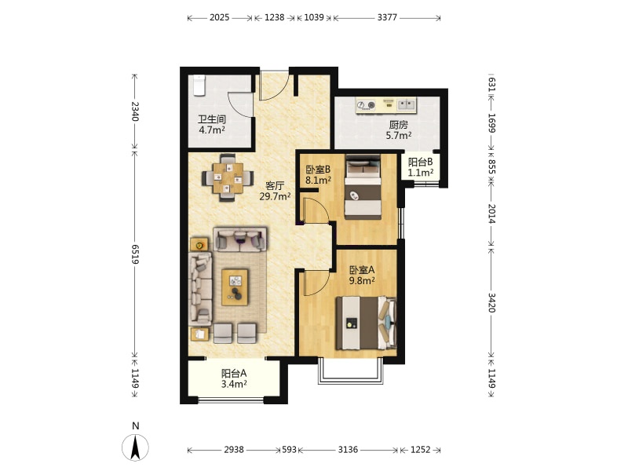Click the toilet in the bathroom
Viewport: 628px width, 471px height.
click(x=199, y=86)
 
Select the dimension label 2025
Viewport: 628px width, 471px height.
click(x=220, y=17)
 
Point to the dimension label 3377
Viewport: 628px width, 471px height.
click(x=387, y=17)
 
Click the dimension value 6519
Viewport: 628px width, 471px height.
click(x=134, y=254)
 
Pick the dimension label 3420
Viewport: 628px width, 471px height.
click(x=492, y=303)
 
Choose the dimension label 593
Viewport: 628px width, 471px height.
click(x=289, y=449)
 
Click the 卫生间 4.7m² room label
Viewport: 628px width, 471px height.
click(x=212, y=125)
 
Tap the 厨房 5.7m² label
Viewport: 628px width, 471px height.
click(x=399, y=130)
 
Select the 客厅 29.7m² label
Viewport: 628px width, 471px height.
click(x=275, y=191)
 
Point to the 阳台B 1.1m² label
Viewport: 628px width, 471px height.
click(x=421, y=167)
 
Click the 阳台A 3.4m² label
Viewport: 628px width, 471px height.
click(x=234, y=379)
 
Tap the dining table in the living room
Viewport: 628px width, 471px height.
click(x=228, y=178)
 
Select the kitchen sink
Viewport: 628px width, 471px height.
click(x=406, y=104)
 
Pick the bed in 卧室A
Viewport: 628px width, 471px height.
click(x=366, y=323)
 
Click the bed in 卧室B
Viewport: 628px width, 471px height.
click(x=363, y=187)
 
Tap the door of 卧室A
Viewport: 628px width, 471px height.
click(x=316, y=283)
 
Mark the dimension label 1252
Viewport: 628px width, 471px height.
click(x=420, y=449)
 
